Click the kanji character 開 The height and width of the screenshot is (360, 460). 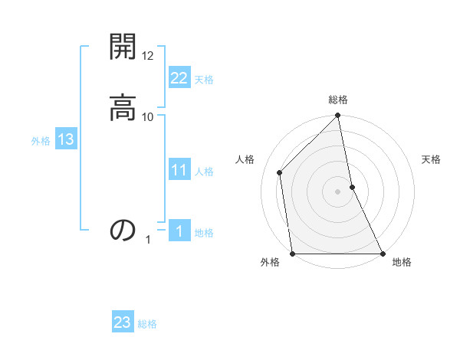(123, 47)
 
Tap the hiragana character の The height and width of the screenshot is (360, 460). (123, 229)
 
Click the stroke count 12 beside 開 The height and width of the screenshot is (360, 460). (148, 57)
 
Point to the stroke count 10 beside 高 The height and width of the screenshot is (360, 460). (148, 116)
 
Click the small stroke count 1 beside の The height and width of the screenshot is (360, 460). (148, 240)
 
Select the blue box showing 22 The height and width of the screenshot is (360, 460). (179, 78)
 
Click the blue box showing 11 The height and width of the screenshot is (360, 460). (179, 170)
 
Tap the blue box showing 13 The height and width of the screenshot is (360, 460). (65, 139)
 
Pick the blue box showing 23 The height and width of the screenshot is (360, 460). (123, 322)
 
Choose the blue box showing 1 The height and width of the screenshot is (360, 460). (179, 231)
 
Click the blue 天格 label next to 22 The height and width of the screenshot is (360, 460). (204, 80)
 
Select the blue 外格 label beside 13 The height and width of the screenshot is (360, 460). (41, 141)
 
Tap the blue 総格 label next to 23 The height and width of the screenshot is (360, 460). (147, 324)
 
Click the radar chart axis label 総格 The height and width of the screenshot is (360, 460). (338, 100)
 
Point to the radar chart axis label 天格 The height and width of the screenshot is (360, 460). (431, 159)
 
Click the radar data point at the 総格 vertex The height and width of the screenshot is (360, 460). (338, 116)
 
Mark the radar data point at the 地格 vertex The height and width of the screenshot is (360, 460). (382, 254)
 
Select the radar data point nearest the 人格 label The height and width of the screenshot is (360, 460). (280, 172)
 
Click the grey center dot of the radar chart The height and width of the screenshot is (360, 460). (338, 191)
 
